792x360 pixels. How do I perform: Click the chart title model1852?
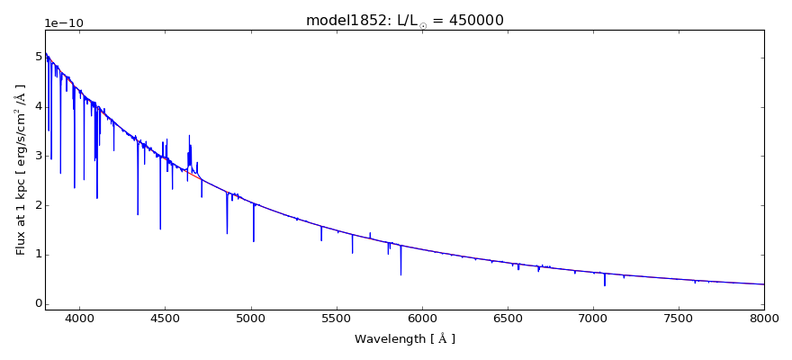click(404, 21)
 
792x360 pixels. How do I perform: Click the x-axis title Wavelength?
click(404, 339)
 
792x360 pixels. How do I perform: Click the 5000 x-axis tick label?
click(251, 319)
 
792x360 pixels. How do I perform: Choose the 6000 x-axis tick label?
click(422, 319)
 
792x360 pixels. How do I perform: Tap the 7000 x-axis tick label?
click(593, 319)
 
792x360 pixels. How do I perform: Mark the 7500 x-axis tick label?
click(679, 319)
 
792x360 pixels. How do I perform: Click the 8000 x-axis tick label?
click(764, 319)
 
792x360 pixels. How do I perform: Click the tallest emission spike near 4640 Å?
click(189, 136)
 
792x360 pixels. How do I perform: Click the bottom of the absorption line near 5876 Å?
click(400, 274)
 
